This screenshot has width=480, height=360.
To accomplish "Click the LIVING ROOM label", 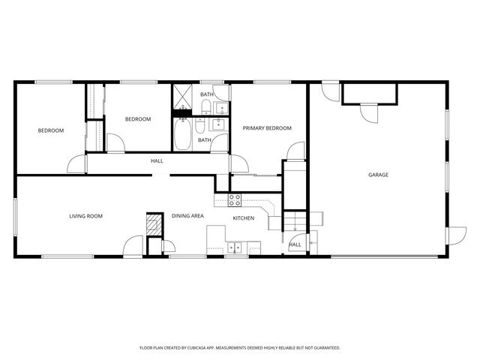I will [x=85, y=216].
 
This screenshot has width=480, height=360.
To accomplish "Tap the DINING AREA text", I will [x=187, y=216].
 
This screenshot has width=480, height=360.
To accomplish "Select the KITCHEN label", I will [x=243, y=218].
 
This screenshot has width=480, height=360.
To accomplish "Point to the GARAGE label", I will [x=378, y=175].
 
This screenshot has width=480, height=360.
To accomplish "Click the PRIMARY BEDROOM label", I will [x=266, y=128].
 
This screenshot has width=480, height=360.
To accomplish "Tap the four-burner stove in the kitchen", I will [x=234, y=199].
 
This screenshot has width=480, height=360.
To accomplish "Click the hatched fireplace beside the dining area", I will [x=153, y=223].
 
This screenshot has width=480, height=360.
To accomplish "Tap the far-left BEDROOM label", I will [x=51, y=130].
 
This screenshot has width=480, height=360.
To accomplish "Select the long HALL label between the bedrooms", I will [x=157, y=160].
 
